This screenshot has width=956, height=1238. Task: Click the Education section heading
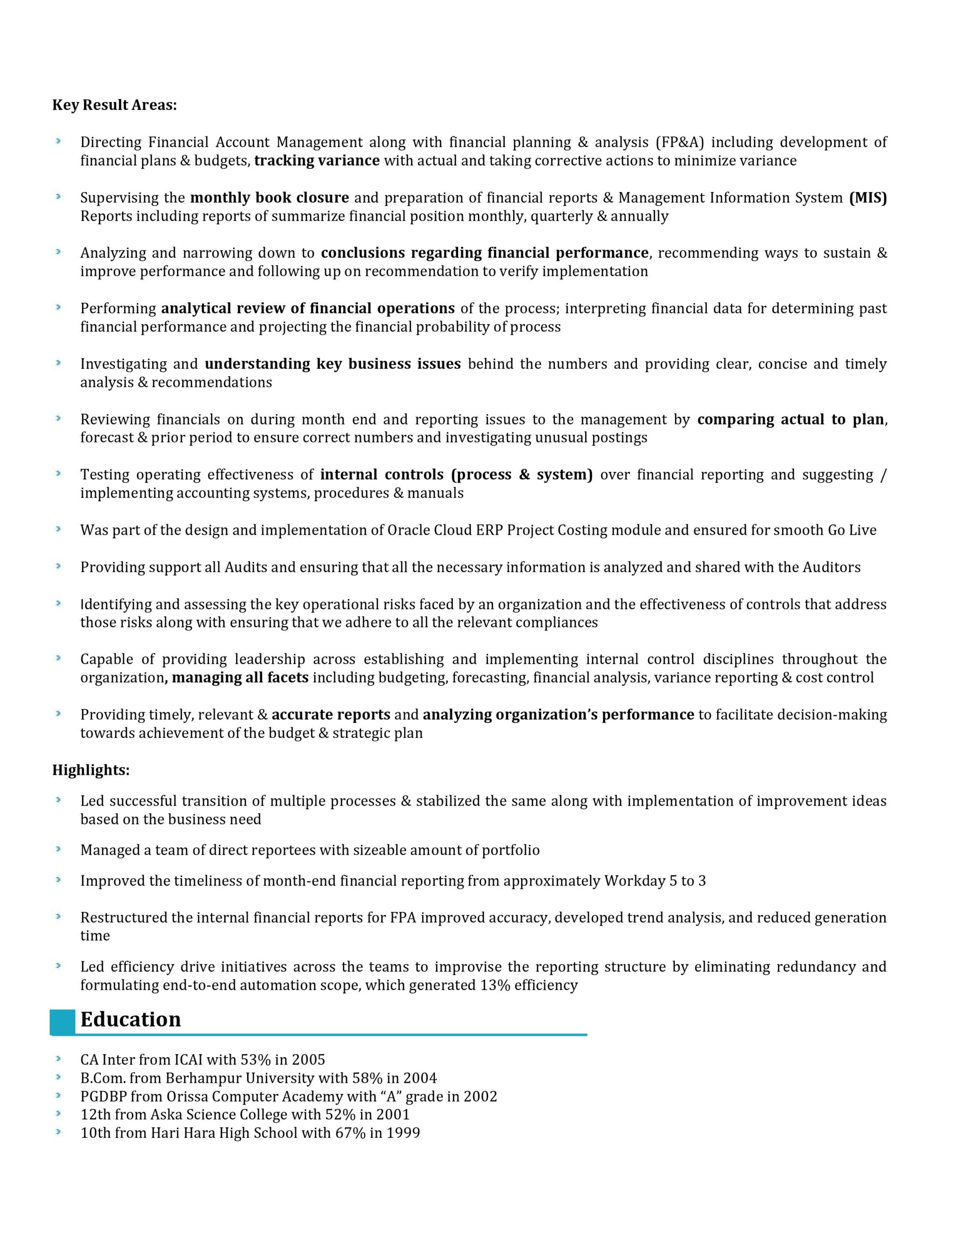130,1019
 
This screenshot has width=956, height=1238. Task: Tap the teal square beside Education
62,1021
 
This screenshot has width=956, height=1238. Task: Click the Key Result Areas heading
115,105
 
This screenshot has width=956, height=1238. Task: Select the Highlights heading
91,770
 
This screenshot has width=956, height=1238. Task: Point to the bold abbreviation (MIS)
868,198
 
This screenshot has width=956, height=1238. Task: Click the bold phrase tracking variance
317,161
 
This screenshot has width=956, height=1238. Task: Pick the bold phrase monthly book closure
269,198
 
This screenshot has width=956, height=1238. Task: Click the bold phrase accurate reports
331,715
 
